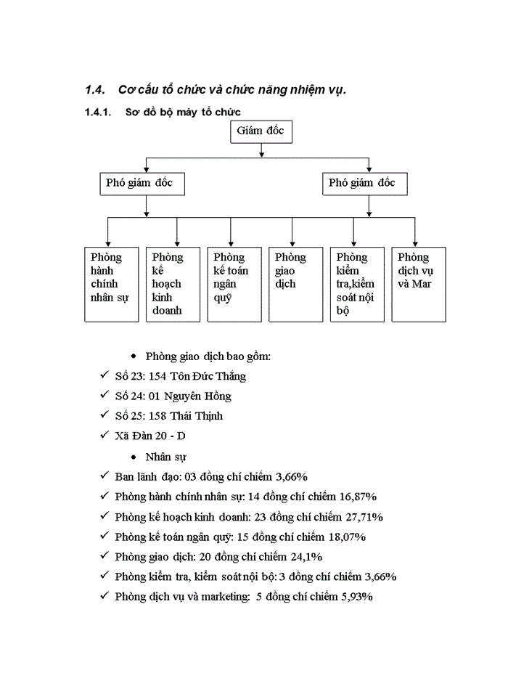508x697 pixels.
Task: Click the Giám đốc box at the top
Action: pyautogui.click(x=261, y=132)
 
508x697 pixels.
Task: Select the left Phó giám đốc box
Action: pyautogui.click(x=142, y=184)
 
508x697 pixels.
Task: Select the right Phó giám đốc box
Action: pyautogui.click(x=365, y=184)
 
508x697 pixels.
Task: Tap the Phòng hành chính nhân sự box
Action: pyautogui.click(x=112, y=284)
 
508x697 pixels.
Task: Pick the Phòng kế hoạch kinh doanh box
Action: pyautogui.click(x=173, y=284)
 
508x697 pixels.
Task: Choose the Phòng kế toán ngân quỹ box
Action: pyautogui.click(x=234, y=284)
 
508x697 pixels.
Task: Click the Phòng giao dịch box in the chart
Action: pyautogui.click(x=295, y=284)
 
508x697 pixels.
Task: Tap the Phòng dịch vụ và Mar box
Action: pyautogui.click(x=418, y=284)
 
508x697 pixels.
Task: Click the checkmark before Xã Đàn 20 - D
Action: pyautogui.click(x=105, y=436)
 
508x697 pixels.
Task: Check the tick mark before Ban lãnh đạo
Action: pyautogui.click(x=105, y=477)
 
